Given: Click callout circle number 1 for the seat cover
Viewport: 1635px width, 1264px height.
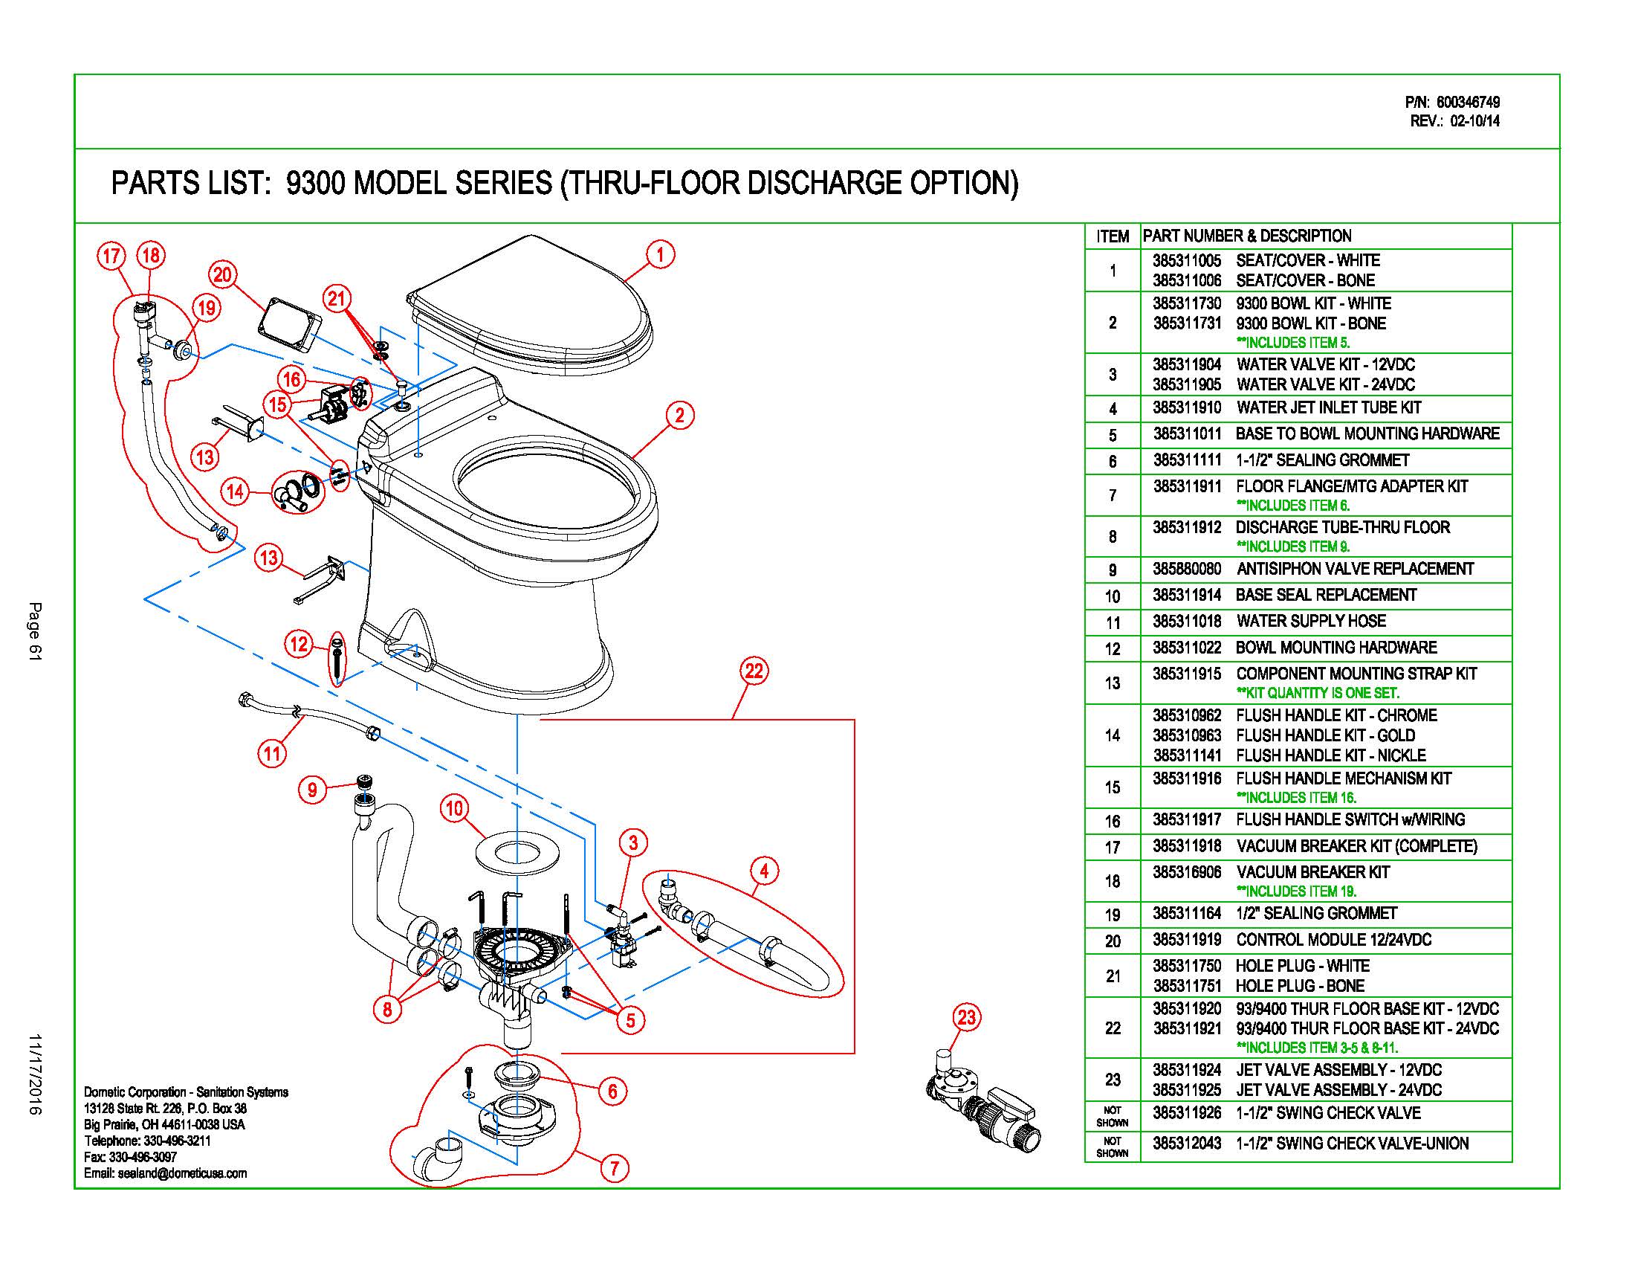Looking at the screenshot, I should pos(659,254).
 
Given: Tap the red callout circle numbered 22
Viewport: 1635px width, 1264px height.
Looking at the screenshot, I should pos(753,670).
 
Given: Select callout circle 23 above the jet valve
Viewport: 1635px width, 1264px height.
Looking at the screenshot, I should pos(966,1018).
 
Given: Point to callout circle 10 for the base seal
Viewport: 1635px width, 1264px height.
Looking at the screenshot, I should pos(454,808).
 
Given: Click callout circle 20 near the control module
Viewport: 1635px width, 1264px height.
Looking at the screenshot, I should pos(222,275).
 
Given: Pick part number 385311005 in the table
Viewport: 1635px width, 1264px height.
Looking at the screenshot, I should pos(1187,260).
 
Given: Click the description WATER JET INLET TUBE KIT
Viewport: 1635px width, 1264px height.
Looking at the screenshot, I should pos(1328,408).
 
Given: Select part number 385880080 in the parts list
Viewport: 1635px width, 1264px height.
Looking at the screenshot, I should pos(1187,569).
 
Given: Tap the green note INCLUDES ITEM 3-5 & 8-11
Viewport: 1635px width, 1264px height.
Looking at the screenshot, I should pos(1317,1048).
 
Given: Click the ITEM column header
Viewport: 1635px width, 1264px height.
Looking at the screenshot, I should pos(1113,236).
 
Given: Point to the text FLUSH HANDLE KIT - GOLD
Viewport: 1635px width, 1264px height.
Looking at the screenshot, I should pos(1325,735).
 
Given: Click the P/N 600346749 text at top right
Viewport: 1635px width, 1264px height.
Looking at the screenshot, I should pos(1451,103).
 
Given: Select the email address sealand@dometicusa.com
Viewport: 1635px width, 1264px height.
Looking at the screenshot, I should pos(182,1173).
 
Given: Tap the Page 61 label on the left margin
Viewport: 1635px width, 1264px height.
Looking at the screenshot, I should pos(35,631).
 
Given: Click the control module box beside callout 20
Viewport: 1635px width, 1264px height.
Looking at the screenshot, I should pos(289,326).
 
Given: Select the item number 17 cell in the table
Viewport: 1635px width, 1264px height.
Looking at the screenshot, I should pos(1113,848).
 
